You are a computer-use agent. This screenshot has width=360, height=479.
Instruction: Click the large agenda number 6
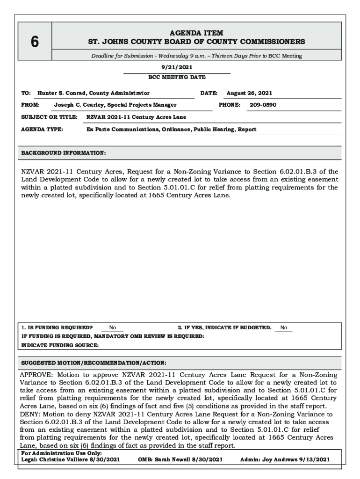click(35, 42)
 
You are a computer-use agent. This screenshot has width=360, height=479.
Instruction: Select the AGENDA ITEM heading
click(196, 33)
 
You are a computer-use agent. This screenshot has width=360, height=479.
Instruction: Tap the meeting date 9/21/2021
click(177, 67)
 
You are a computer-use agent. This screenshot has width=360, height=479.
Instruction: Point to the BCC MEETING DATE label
click(177, 77)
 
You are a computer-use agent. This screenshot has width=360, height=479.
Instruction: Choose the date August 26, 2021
click(249, 93)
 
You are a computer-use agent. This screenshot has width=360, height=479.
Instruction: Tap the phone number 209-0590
click(263, 105)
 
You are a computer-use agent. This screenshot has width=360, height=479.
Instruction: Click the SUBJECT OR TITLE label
click(49, 117)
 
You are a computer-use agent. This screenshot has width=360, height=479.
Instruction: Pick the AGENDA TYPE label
click(43, 129)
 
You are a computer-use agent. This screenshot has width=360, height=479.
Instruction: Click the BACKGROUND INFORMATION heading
click(64, 153)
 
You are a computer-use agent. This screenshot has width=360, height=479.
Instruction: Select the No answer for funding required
click(113, 328)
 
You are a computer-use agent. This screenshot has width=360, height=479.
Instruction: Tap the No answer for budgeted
click(283, 328)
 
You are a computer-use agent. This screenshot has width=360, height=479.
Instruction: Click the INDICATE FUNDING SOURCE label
click(60, 345)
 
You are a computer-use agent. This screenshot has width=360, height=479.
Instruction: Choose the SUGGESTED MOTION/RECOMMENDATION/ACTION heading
click(94, 363)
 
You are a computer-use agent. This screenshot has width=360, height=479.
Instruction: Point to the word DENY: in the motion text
click(30, 414)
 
